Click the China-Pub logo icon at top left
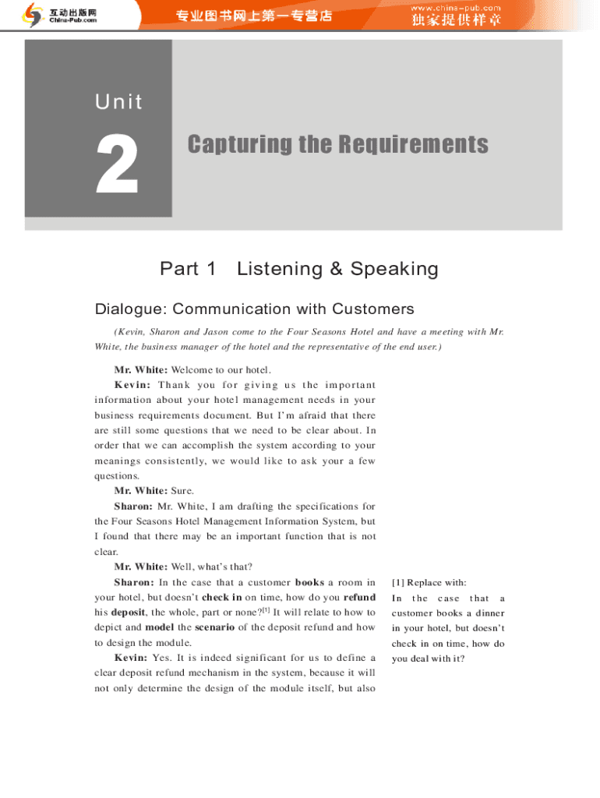click(x=33, y=15)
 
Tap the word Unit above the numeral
click(x=119, y=101)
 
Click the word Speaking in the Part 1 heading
click(x=394, y=270)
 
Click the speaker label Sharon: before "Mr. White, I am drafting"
click(x=133, y=507)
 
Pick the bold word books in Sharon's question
click(x=309, y=582)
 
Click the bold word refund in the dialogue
click(x=359, y=598)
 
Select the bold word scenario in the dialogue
click(x=214, y=627)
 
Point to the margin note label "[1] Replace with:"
click(x=429, y=583)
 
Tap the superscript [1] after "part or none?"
click(x=266, y=610)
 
